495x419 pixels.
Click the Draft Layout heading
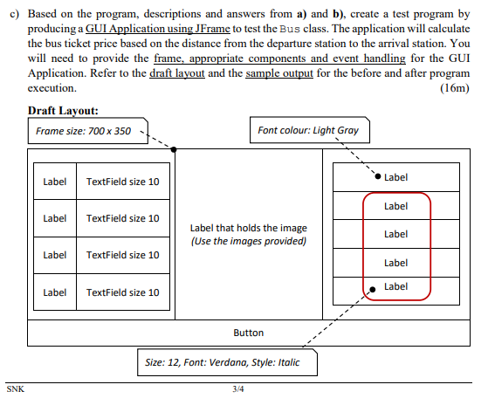point(63,111)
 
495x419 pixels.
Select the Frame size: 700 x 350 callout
point(84,131)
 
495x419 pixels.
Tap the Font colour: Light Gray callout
point(308,131)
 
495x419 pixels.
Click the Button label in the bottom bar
point(248,333)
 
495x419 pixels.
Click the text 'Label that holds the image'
point(249,228)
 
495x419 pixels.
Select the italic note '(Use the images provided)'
point(249,241)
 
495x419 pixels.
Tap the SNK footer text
point(15,389)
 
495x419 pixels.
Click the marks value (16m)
point(456,88)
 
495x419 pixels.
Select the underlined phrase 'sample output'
point(273,73)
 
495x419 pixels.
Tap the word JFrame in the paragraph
point(209,30)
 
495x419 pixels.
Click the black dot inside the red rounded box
point(373,288)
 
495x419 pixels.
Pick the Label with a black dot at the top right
point(395,177)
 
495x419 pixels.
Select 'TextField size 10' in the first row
point(123,182)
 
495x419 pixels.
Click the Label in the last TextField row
point(54,292)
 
